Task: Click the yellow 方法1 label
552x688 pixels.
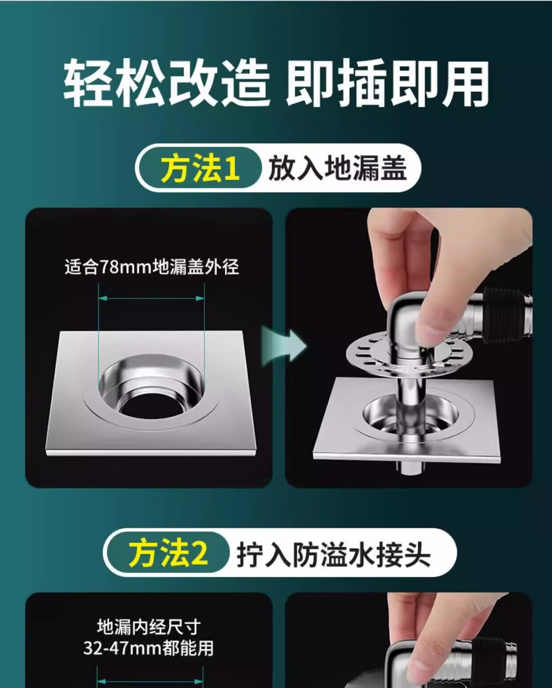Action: (200, 168)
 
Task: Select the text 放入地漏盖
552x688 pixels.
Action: (337, 168)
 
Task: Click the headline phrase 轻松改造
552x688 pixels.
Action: (166, 84)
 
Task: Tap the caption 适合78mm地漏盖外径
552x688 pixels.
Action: (152, 267)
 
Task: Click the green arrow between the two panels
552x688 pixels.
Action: (284, 346)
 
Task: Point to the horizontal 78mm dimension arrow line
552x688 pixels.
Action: (151, 298)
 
